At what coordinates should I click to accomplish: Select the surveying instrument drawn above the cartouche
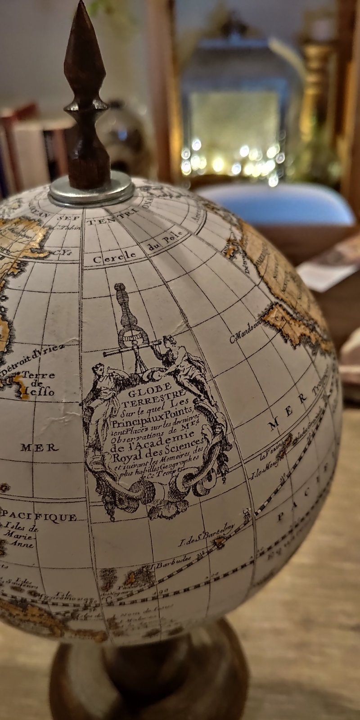pos(130,324)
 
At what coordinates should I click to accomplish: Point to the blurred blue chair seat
pos(279,205)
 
